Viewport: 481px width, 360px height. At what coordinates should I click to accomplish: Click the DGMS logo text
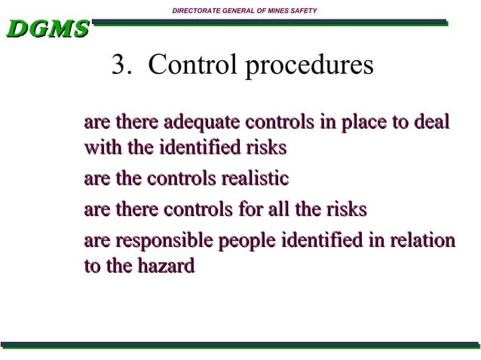coord(47,29)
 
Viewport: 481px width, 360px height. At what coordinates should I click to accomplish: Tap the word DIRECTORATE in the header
coord(198,10)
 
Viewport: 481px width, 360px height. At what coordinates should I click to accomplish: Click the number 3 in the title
coord(118,66)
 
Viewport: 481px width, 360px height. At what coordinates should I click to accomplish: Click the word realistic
coord(254,179)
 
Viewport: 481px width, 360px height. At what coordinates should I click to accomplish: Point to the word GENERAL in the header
coord(237,10)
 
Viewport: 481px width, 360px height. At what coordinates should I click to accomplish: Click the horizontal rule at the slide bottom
coord(240,345)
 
